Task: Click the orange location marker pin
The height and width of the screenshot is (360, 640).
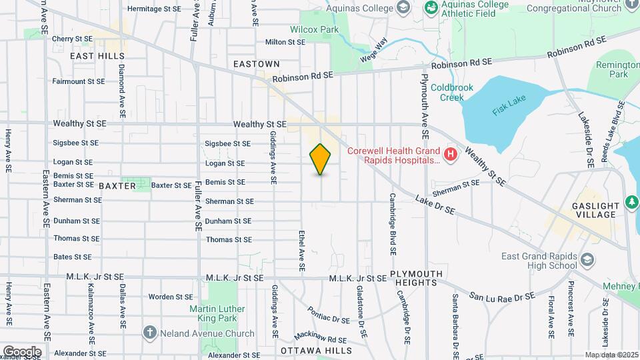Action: [321, 159]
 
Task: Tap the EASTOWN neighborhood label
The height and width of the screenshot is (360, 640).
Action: [256, 64]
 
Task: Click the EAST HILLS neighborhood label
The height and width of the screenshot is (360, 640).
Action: [97, 57]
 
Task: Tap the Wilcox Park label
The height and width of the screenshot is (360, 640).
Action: [315, 29]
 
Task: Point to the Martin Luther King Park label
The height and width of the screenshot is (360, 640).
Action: [217, 313]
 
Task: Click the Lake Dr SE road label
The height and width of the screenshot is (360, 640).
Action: [435, 205]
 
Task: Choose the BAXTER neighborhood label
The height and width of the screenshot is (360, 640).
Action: [117, 185]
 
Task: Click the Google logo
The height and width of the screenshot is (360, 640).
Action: [22, 352]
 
